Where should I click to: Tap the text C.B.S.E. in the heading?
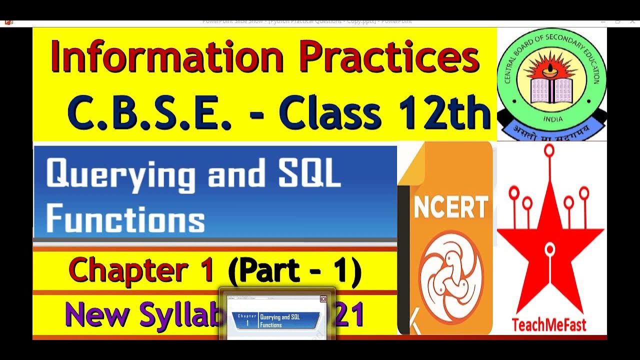[x=150, y=113]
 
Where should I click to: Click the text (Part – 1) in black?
[x=294, y=270]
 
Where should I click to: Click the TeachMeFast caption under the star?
[x=548, y=325]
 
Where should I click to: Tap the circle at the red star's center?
[x=550, y=248]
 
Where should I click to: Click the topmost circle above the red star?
[x=549, y=149]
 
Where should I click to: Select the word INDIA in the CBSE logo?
[x=552, y=119]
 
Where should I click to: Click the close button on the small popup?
[x=323, y=299]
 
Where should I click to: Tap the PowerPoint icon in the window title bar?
[x=8, y=21]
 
